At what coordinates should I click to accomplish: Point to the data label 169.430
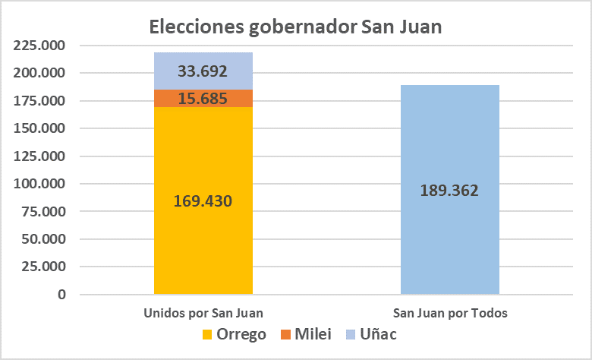[x=203, y=201]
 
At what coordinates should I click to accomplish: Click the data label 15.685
[x=203, y=99]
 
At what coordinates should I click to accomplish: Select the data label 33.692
[x=203, y=72]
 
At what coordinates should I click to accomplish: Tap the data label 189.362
[x=449, y=191]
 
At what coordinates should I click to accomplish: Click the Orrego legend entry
[x=235, y=334]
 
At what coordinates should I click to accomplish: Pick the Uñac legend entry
[x=371, y=334]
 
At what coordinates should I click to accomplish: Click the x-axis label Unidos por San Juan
[x=203, y=313]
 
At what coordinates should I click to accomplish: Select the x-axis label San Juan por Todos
[x=450, y=313]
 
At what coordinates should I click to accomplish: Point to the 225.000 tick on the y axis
[x=40, y=46]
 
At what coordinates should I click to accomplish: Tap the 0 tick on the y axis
[x=61, y=295]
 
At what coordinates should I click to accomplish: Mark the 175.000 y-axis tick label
[x=40, y=101]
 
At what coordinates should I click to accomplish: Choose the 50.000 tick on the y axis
[x=44, y=239]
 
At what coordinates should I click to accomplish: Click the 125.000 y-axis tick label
[x=40, y=156]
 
